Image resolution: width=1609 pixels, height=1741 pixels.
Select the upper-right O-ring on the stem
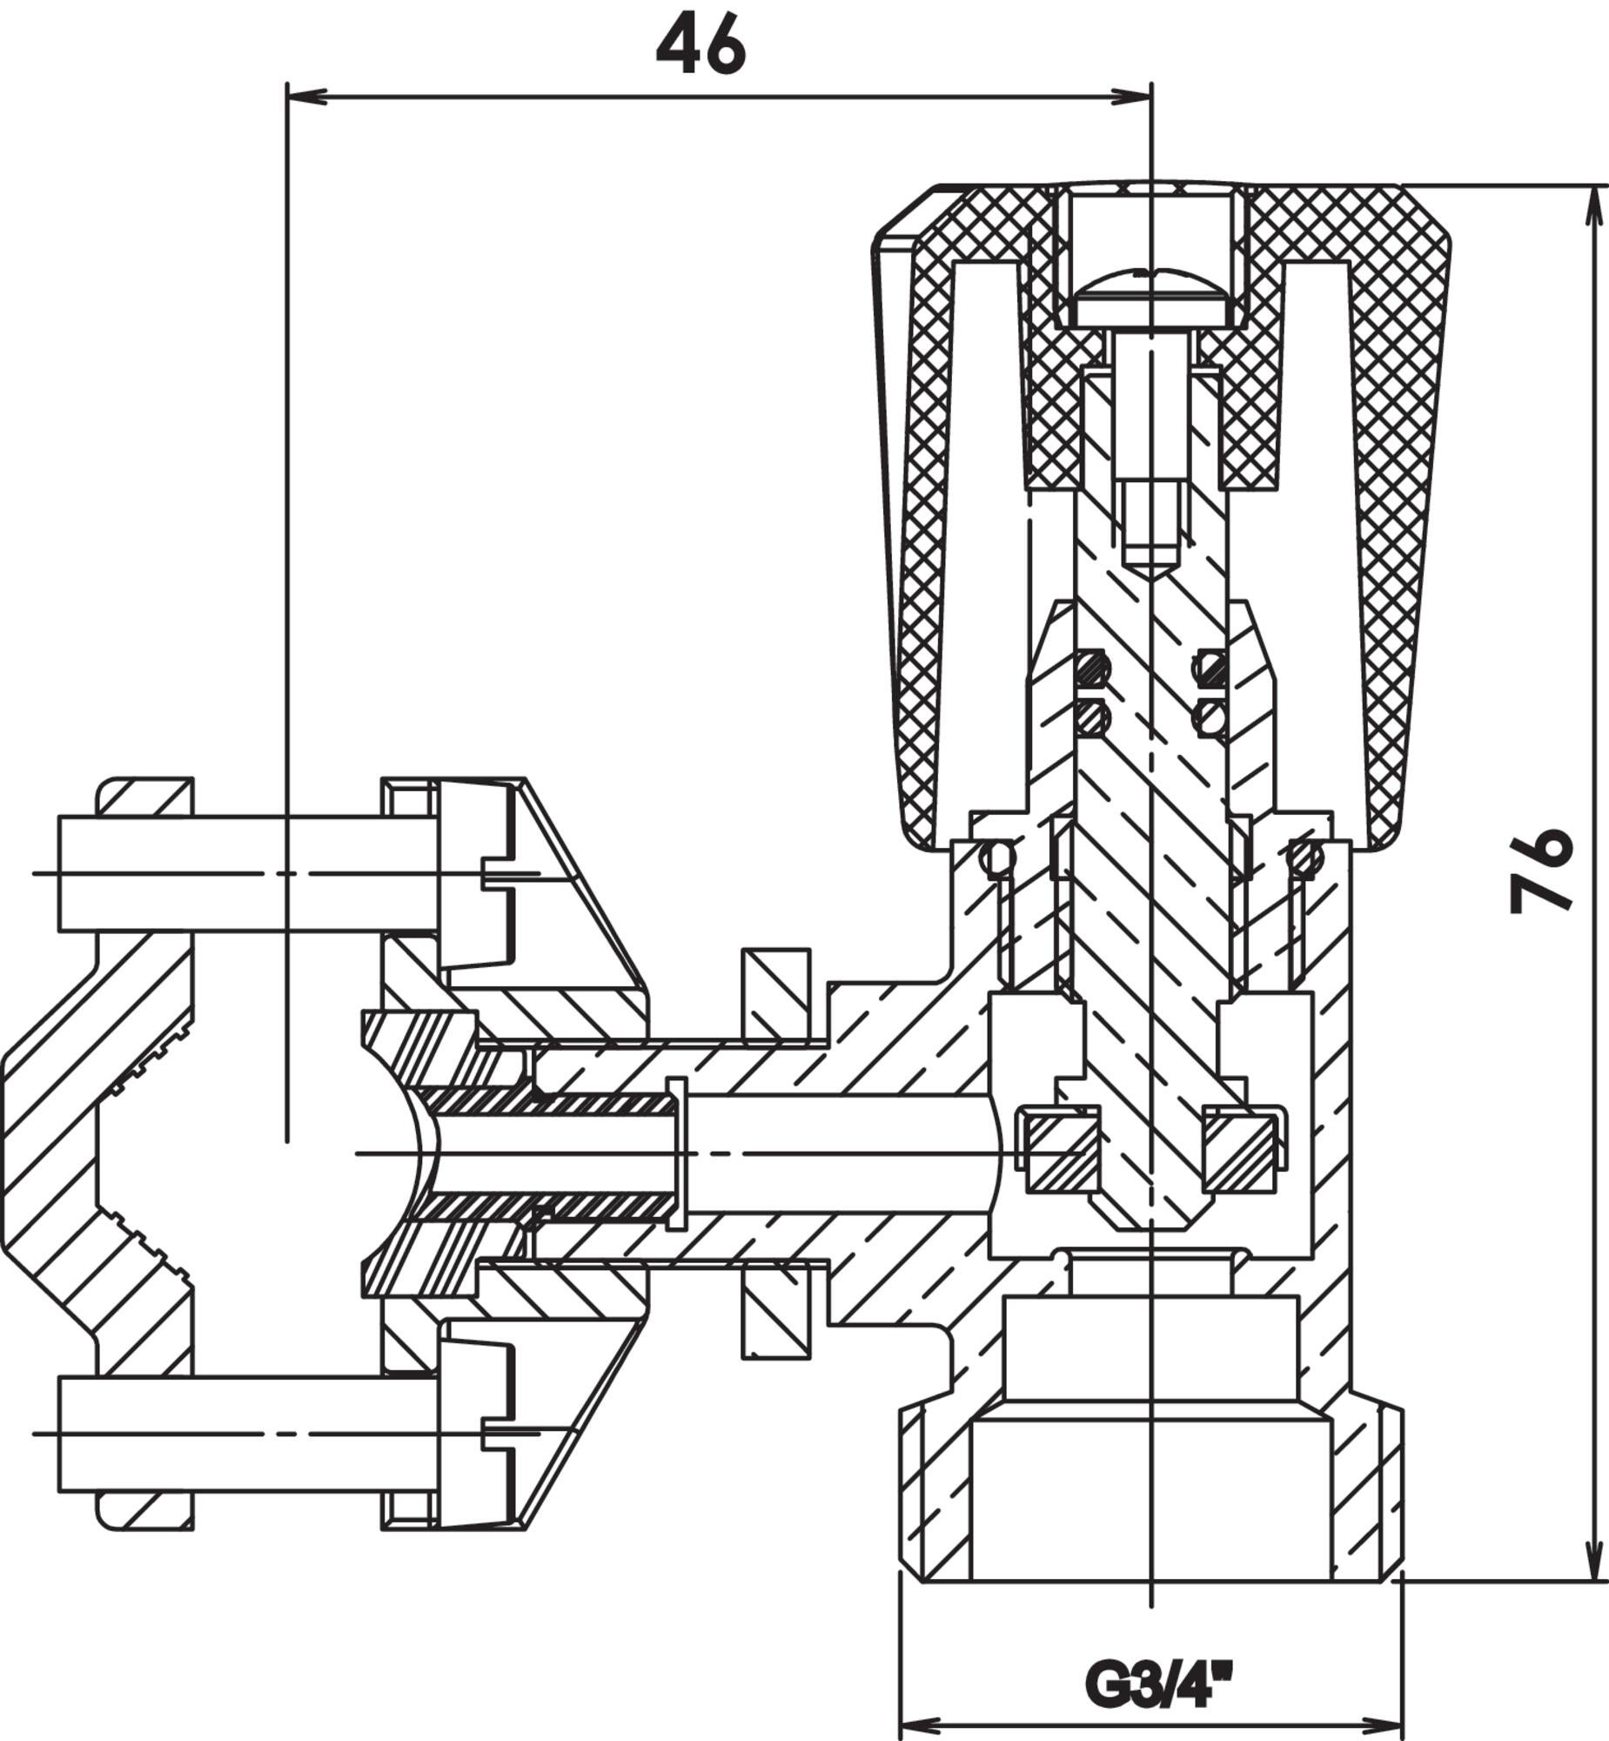(1210, 668)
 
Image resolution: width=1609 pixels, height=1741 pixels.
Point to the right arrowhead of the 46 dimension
(1132, 96)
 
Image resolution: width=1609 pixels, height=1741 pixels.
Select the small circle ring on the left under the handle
(998, 858)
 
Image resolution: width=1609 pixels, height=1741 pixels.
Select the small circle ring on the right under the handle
(1304, 858)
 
